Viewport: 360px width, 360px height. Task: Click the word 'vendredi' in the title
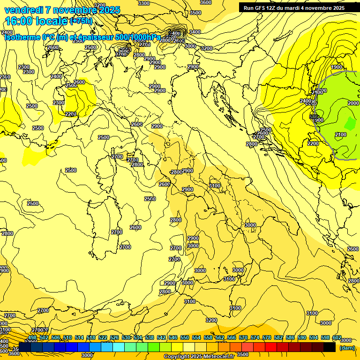click(22, 10)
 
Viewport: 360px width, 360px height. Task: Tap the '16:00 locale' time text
click(36, 21)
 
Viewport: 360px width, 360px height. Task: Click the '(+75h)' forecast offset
click(81, 21)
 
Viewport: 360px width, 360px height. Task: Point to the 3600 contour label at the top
click(205, 2)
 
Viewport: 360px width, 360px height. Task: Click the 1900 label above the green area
click(337, 67)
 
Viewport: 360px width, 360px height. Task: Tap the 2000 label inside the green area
click(353, 103)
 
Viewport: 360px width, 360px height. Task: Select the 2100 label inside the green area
click(340, 135)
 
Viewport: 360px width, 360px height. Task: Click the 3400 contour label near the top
click(195, 32)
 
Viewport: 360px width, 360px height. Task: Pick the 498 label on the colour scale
click(32, 337)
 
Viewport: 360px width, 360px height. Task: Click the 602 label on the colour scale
click(337, 337)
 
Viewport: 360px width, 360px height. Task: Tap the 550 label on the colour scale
click(184, 337)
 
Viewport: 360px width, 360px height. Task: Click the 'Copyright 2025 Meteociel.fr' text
click(199, 357)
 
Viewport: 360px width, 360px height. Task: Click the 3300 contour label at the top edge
click(144, 3)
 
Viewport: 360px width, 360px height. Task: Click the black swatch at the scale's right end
click(330, 347)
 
